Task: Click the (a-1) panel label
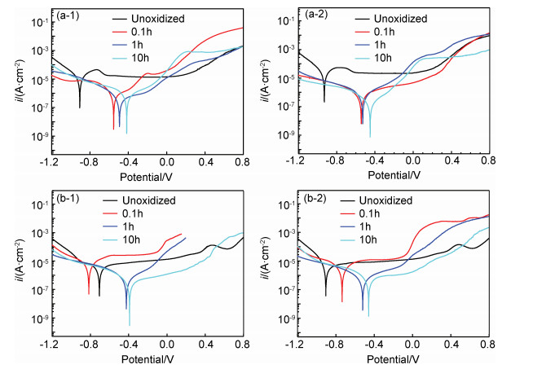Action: click(68, 15)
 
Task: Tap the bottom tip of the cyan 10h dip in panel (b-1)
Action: click(129, 325)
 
